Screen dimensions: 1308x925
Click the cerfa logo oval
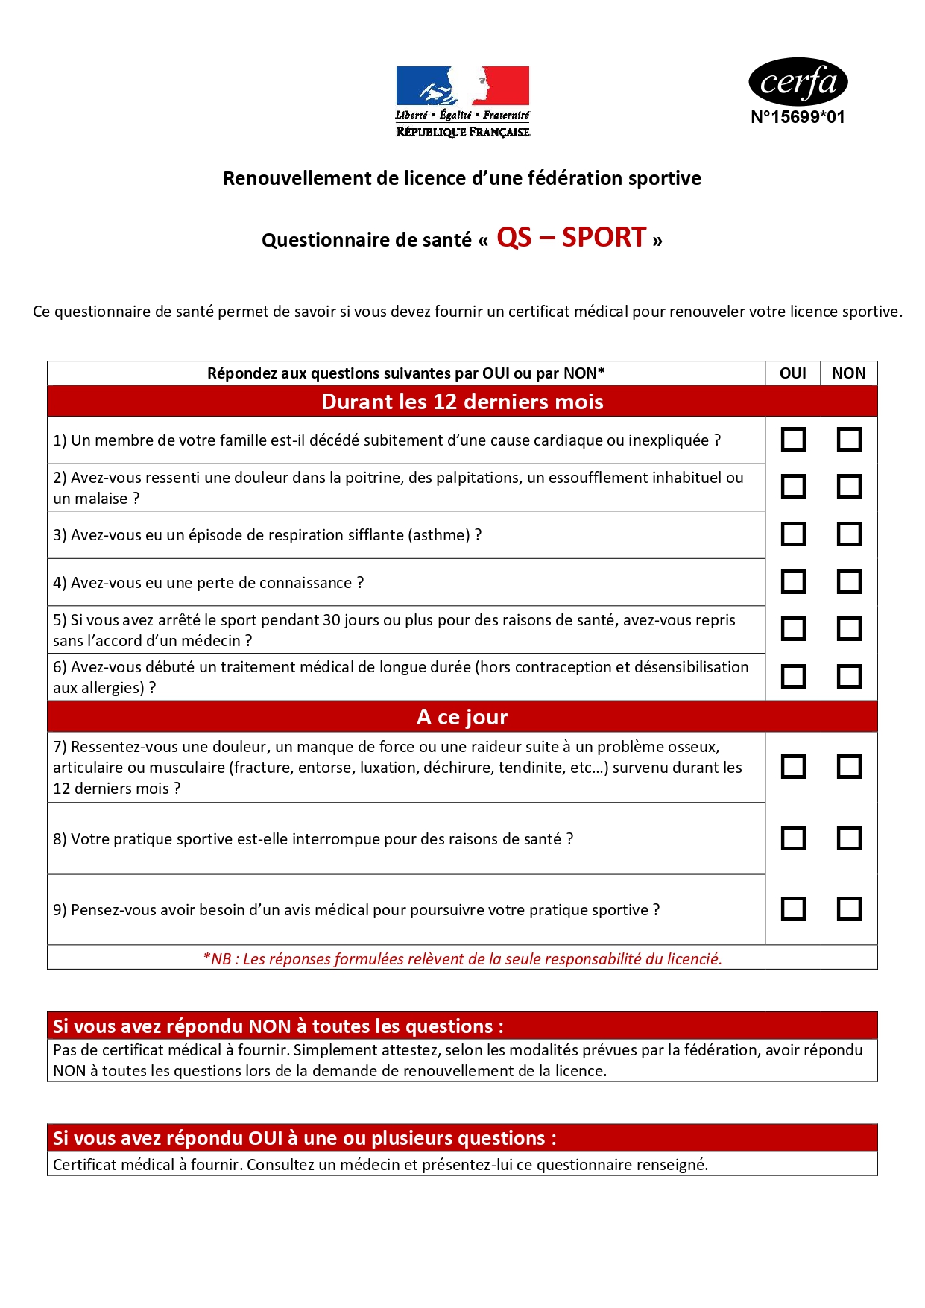point(798,82)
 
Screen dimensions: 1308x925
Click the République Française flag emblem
point(462,86)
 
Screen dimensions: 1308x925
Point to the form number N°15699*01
point(798,117)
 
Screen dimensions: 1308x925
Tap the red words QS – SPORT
point(571,238)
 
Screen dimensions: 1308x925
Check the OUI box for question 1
point(793,440)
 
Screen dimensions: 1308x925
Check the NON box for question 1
point(849,440)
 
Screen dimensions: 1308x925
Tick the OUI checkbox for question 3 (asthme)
point(793,534)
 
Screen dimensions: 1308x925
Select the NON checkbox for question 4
point(849,582)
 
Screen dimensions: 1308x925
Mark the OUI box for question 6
point(793,677)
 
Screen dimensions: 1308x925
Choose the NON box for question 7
point(849,767)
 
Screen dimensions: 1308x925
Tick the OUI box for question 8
point(793,838)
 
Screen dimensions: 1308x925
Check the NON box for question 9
point(849,909)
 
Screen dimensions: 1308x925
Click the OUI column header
point(792,373)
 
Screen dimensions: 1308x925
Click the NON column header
point(848,373)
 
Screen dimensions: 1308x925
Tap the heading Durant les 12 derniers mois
point(462,402)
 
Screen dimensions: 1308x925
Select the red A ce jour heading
point(462,717)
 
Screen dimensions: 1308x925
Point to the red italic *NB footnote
point(462,959)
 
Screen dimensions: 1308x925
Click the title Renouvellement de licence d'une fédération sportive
point(462,179)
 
